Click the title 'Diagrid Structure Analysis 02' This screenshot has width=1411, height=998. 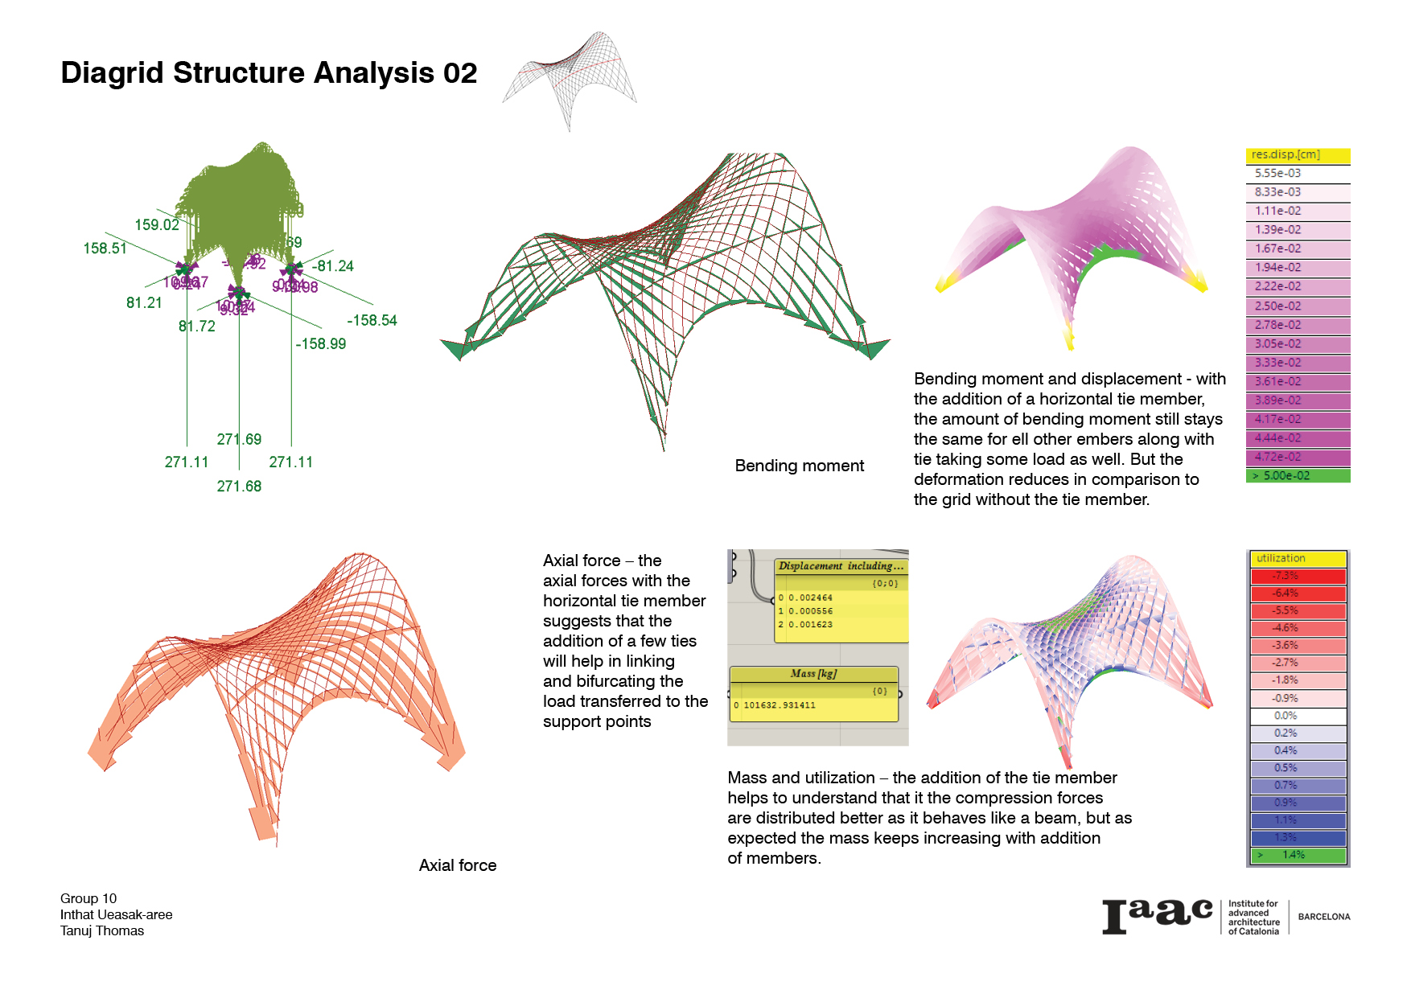click(269, 73)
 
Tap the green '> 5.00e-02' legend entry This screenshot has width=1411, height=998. click(1297, 476)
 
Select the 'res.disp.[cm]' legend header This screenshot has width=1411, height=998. click(1297, 154)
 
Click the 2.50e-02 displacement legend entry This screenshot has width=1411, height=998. click(1297, 306)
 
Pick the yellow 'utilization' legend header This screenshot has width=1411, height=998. click(1297, 558)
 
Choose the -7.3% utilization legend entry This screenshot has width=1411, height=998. click(1297, 576)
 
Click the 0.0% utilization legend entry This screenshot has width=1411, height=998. click(1297, 716)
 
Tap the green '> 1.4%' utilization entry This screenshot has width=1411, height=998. click(1297, 855)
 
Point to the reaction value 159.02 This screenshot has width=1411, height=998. click(157, 225)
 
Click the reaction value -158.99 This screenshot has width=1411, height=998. click(320, 344)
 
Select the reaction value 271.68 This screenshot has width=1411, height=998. click(239, 487)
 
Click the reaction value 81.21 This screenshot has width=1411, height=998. click(144, 303)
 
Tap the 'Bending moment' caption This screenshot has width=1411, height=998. click(799, 466)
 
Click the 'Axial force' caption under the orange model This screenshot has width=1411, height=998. click(457, 865)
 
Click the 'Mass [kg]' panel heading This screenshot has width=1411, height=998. click(813, 674)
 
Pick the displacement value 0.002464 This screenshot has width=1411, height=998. click(810, 598)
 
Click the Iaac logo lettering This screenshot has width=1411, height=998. click(1156, 916)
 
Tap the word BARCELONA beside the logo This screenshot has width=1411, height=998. click(1323, 917)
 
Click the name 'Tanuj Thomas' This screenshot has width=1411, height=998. click(102, 931)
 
